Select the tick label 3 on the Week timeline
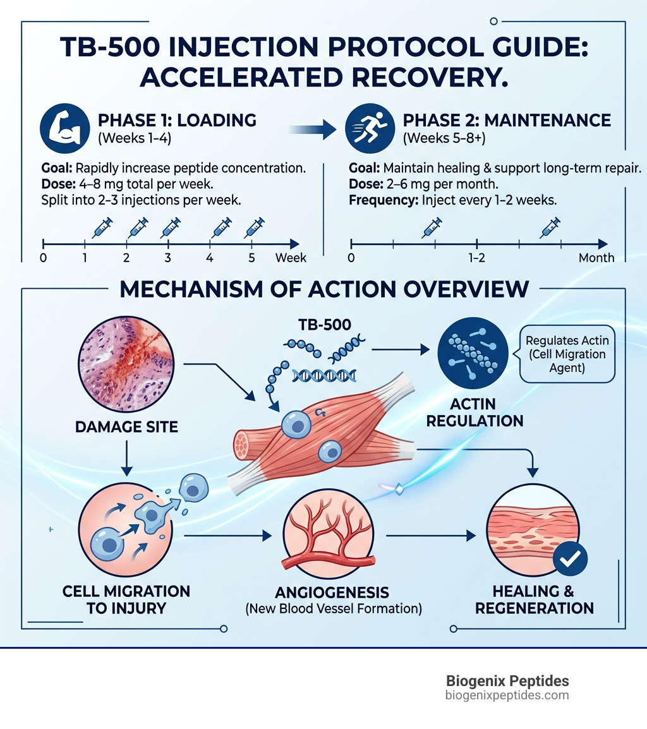pos(168,258)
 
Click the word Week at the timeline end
pos(291,258)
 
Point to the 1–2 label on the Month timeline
pos(476,258)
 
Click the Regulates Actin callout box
pos(567,354)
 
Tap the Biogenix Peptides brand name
pos(507,681)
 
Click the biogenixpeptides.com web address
pos(507,696)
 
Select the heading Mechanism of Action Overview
pos(323,289)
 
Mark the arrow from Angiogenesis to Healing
pos(430,536)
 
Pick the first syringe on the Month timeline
pos(432,227)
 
